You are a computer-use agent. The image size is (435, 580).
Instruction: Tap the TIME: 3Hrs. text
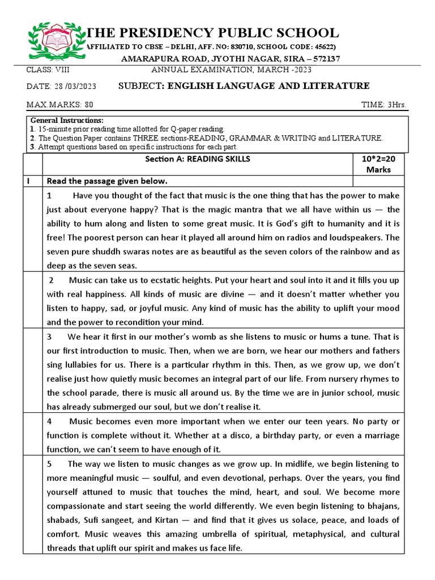383,105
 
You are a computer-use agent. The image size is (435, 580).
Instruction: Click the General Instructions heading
67,121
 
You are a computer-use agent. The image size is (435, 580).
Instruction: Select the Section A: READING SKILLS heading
197,159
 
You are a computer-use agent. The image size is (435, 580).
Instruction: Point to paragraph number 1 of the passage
50,195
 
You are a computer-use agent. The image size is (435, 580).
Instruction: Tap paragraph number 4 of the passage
50,421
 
